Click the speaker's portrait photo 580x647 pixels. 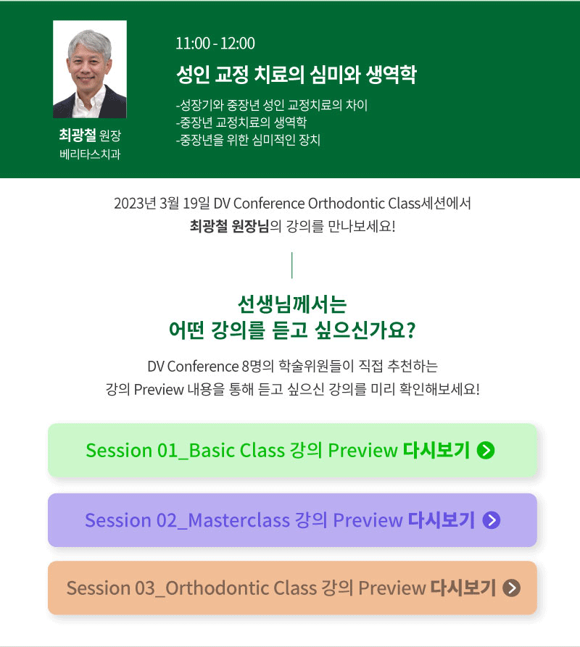click(90, 70)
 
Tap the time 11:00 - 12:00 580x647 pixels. click(215, 43)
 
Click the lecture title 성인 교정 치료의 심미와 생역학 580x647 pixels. click(297, 75)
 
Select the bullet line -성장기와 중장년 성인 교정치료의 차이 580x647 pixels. click(272, 105)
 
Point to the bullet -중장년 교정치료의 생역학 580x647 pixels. click(241, 122)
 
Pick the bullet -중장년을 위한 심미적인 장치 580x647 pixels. click(248, 140)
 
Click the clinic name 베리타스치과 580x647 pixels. click(90, 154)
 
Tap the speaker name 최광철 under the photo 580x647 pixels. click(78, 135)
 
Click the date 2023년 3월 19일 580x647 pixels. click(162, 204)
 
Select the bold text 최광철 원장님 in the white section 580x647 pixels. click(229, 226)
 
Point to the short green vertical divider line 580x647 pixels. click(292, 265)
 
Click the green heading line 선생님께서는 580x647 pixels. click(292, 304)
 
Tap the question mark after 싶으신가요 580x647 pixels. click(410, 330)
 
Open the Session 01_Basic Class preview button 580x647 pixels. click(292, 450)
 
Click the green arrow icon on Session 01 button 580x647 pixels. click(486, 450)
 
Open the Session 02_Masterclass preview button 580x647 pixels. click(292, 520)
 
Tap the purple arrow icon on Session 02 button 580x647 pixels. click(492, 520)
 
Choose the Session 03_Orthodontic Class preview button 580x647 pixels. click(292, 588)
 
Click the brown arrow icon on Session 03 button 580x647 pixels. click(512, 588)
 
